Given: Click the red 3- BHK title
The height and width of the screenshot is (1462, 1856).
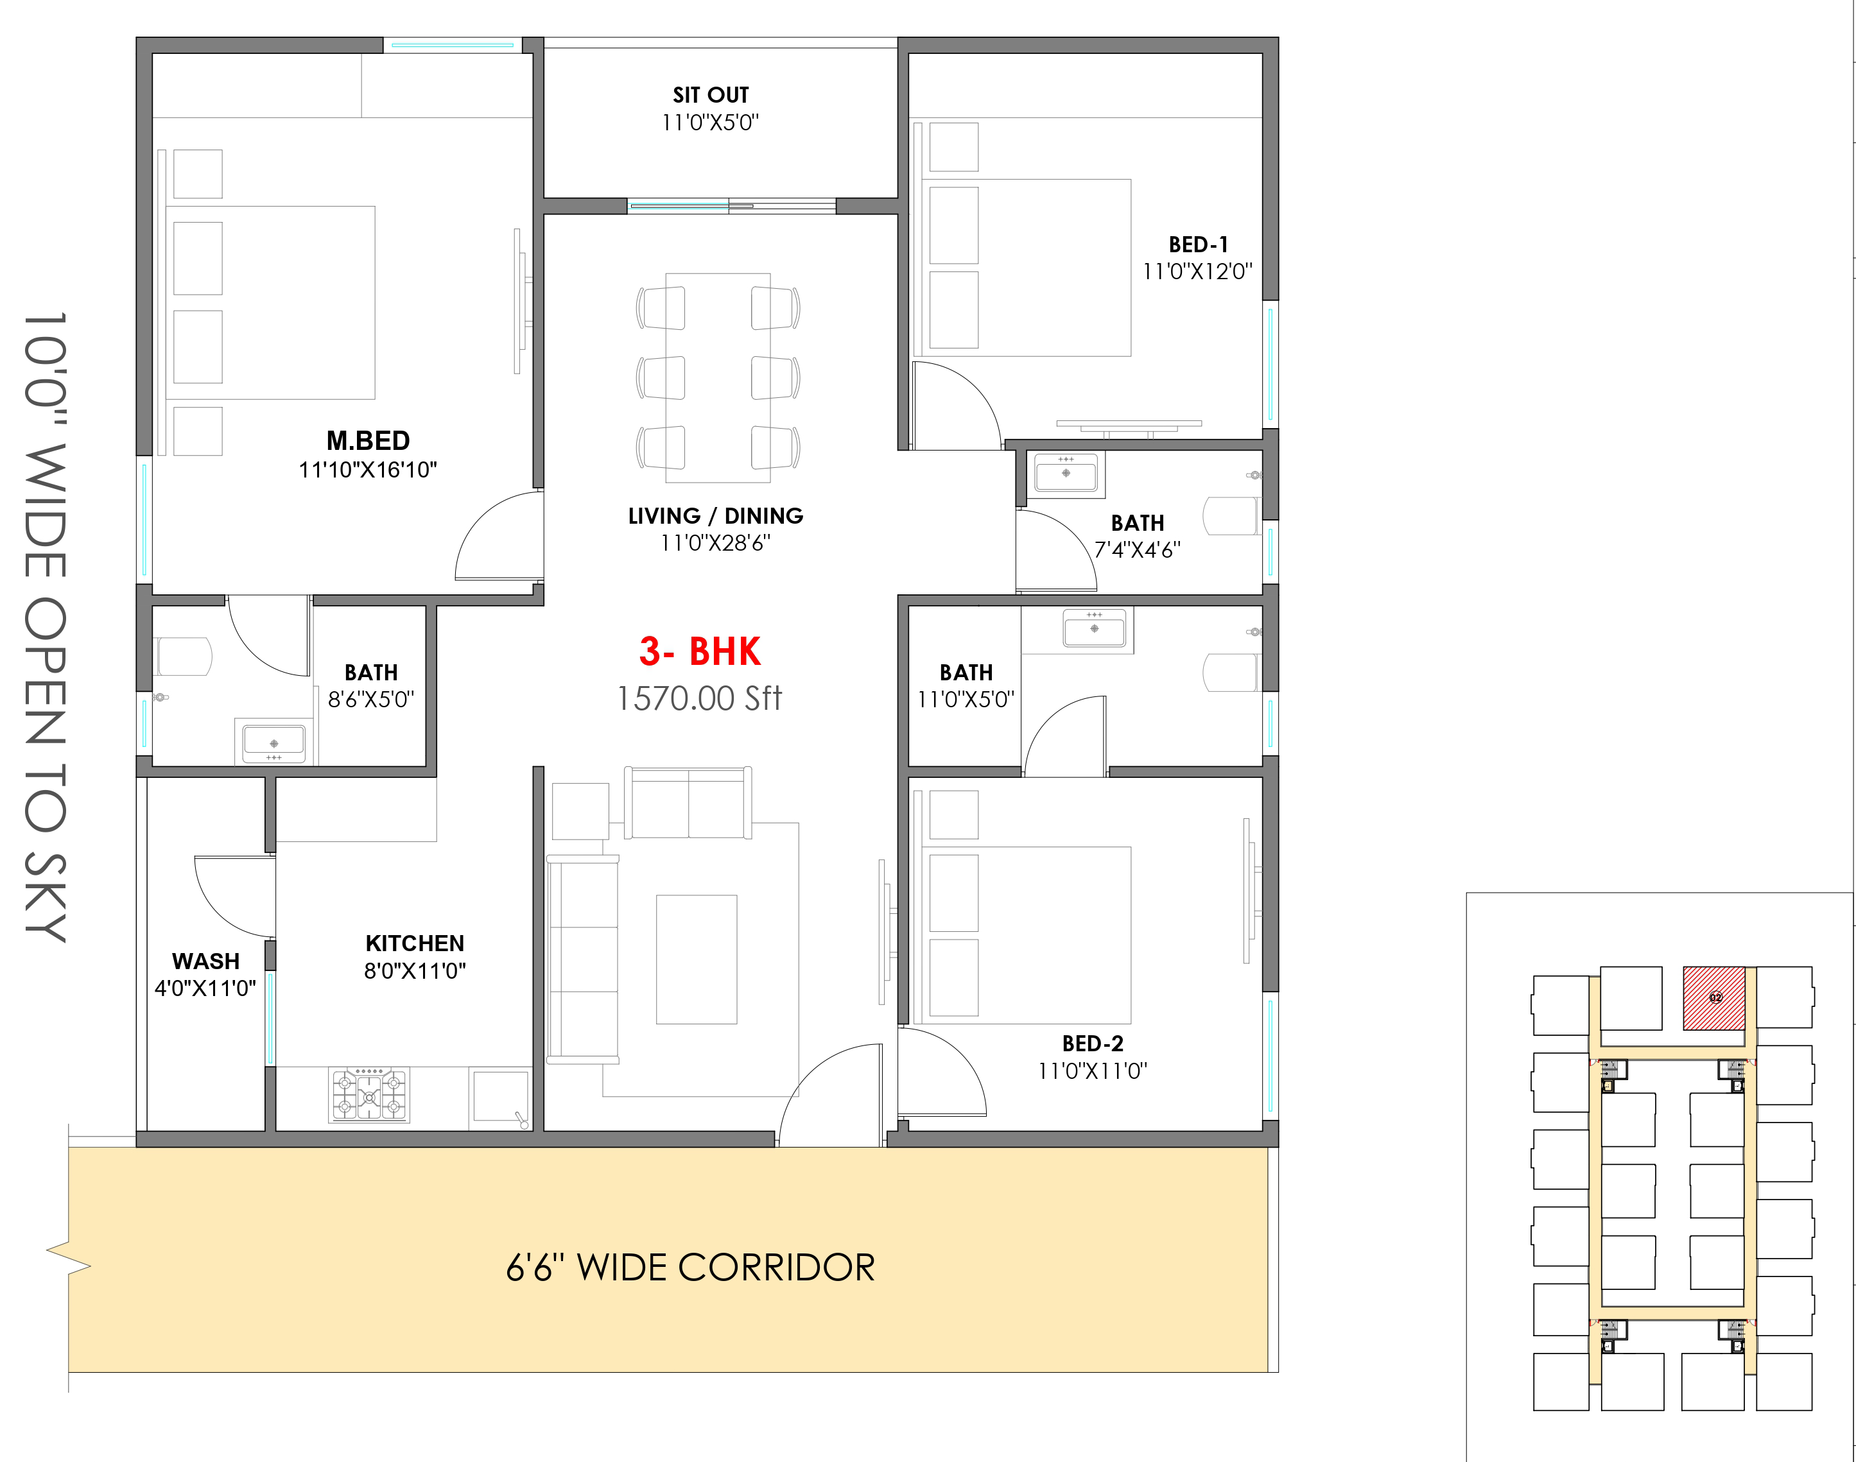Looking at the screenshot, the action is point(699,651).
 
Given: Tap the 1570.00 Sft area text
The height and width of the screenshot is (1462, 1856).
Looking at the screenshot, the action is point(699,698).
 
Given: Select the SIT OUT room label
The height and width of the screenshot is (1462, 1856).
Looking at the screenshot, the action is point(711,95).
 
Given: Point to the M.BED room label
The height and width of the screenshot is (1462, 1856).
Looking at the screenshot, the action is point(368,441).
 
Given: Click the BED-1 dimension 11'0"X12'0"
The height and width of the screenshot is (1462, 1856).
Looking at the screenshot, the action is point(1198,271).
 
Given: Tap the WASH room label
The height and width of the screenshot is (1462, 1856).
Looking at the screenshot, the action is point(205,961).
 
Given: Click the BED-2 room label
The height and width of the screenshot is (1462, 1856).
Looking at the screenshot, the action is point(1093,1044).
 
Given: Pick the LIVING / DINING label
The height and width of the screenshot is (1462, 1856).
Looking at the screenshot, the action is point(716,516).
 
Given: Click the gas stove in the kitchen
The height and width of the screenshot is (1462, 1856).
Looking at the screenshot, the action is point(370,1095).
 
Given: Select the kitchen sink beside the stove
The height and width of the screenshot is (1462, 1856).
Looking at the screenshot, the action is point(501,1098).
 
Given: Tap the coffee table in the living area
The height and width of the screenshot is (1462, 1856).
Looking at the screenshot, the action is point(697,959).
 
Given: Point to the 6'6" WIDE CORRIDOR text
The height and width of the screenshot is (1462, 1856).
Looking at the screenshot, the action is point(691,1268).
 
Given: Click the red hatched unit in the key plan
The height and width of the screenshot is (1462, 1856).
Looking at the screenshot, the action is point(1715,998).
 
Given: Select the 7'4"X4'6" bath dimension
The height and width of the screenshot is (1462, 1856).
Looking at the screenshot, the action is point(1138,549).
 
